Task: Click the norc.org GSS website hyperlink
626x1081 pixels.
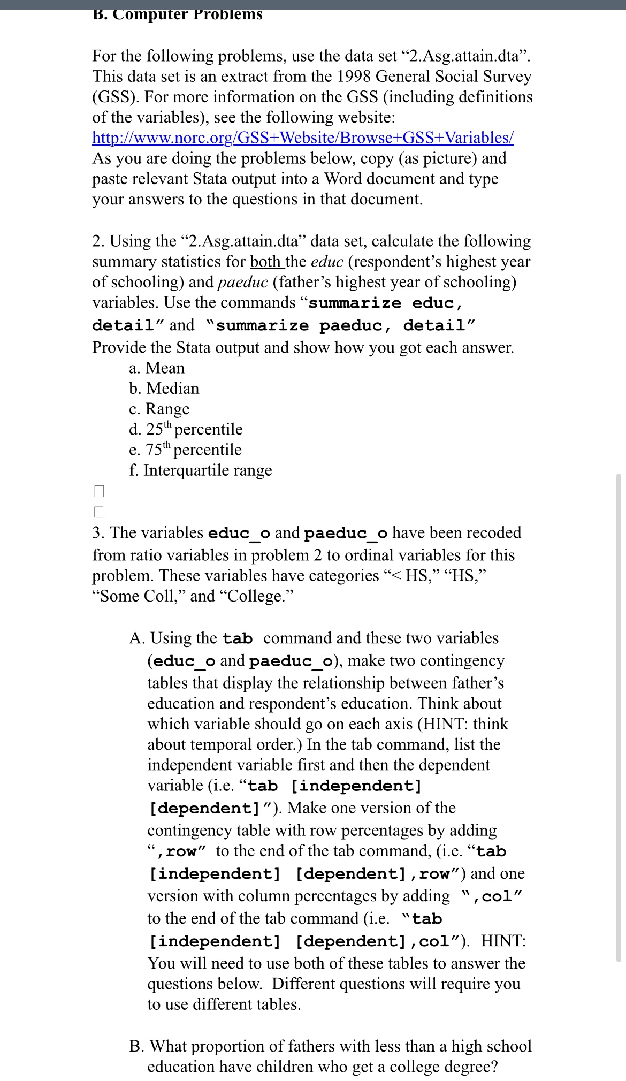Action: pyautogui.click(x=303, y=138)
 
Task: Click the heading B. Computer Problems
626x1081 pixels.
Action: pyautogui.click(x=177, y=14)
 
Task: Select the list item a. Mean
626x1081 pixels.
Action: pyautogui.click(x=157, y=368)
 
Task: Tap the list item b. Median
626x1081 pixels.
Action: pyautogui.click(x=164, y=389)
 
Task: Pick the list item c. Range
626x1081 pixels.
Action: pyautogui.click(x=159, y=409)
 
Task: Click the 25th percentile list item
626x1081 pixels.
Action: pyautogui.click(x=186, y=429)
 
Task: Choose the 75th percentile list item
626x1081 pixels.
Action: pyautogui.click(x=185, y=450)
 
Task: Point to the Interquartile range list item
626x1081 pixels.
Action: pyautogui.click(x=201, y=470)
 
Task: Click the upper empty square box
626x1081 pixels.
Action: pyautogui.click(x=98, y=491)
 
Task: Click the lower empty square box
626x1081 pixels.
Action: pyautogui.click(x=98, y=512)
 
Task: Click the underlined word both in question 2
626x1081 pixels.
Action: pyautogui.click(x=265, y=262)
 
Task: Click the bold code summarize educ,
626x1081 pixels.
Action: pyautogui.click(x=386, y=303)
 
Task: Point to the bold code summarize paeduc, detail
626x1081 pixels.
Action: pyautogui.click(x=344, y=325)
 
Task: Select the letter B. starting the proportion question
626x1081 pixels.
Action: pyautogui.click(x=137, y=1046)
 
